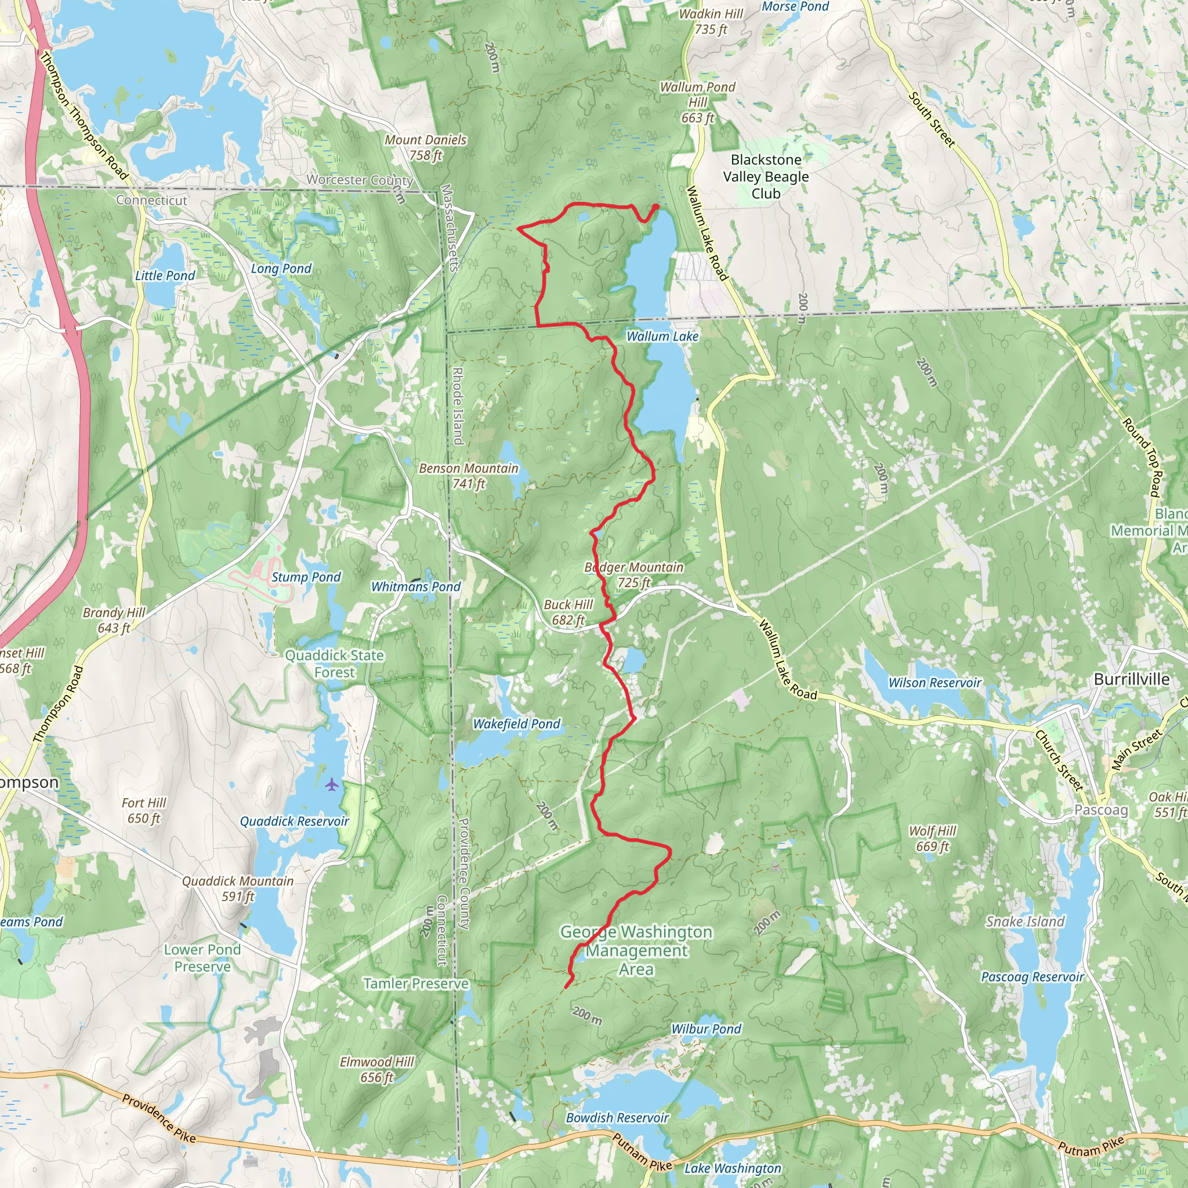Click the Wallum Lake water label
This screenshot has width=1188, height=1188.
pos(662,336)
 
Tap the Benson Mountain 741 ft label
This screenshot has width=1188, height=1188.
pos(469,476)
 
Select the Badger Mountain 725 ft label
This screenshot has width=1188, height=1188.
pos(633,574)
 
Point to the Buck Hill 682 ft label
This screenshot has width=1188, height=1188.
pos(568,612)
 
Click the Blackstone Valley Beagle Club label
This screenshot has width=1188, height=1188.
pos(766,176)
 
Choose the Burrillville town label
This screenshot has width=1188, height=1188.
pos(1131,679)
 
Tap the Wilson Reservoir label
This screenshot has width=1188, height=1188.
pos(935,683)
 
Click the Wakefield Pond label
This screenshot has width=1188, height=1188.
pos(516,724)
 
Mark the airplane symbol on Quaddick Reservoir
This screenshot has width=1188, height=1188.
pos(332,784)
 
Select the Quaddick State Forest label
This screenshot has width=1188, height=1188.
pos(335,664)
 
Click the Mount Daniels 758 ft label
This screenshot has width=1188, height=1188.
pos(426,147)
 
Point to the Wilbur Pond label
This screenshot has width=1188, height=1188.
pos(706,1028)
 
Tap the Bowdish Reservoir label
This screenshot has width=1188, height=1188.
pos(617,1117)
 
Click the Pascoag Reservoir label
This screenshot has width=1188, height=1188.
pos(1033,976)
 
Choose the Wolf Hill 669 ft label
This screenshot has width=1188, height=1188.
pos(932,838)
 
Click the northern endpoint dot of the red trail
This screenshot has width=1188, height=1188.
pos(656,207)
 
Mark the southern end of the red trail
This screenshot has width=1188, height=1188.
pos(566,987)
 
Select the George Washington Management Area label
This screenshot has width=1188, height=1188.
pos(636,950)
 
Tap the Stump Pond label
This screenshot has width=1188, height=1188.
pos(306,577)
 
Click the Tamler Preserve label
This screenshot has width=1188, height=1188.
pos(416,984)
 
